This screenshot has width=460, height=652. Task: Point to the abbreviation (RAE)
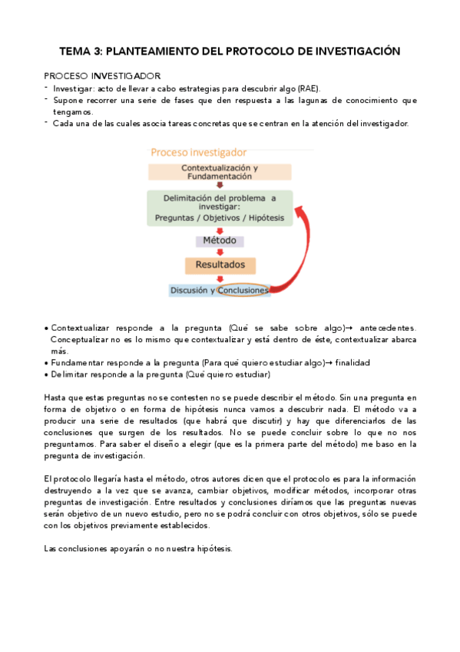[x=306, y=88]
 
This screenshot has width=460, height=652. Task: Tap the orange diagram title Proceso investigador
[x=198, y=152]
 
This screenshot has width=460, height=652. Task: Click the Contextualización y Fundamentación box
[x=219, y=171]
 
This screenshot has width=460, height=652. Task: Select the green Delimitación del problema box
[x=219, y=208]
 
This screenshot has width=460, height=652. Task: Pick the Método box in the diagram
[x=219, y=241]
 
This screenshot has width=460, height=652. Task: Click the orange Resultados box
[x=219, y=265]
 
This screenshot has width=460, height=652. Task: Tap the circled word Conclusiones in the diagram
[x=242, y=291]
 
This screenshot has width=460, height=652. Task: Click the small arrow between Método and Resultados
[x=220, y=252]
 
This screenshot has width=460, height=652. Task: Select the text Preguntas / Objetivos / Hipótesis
[x=219, y=218]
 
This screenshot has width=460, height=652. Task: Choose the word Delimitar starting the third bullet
[x=71, y=374]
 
